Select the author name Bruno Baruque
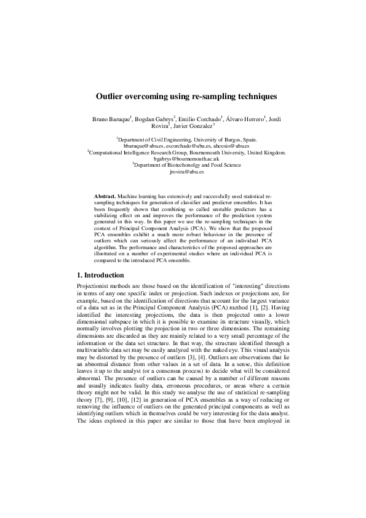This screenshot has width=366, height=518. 111,118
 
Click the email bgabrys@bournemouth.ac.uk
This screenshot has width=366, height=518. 182,158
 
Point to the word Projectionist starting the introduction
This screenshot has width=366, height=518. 93,286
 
